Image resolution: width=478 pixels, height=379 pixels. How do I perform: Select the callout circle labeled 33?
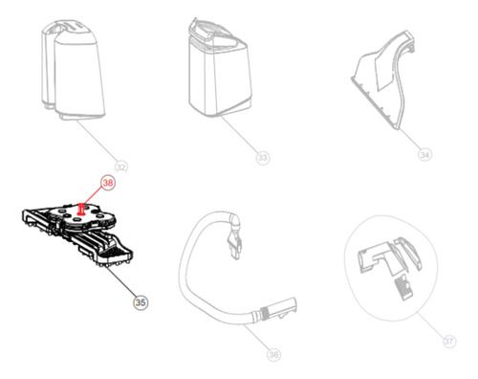tap(262, 155)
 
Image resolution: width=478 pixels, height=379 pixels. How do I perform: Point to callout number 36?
tap(274, 354)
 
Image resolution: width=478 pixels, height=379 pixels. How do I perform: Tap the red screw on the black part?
tap(84, 205)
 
